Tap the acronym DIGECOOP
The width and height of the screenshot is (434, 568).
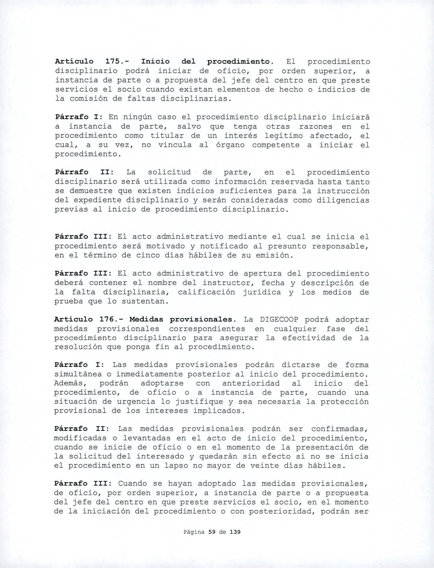(279, 320)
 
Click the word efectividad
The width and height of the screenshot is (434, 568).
(308, 338)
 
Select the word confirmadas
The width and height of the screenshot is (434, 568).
(339, 429)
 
